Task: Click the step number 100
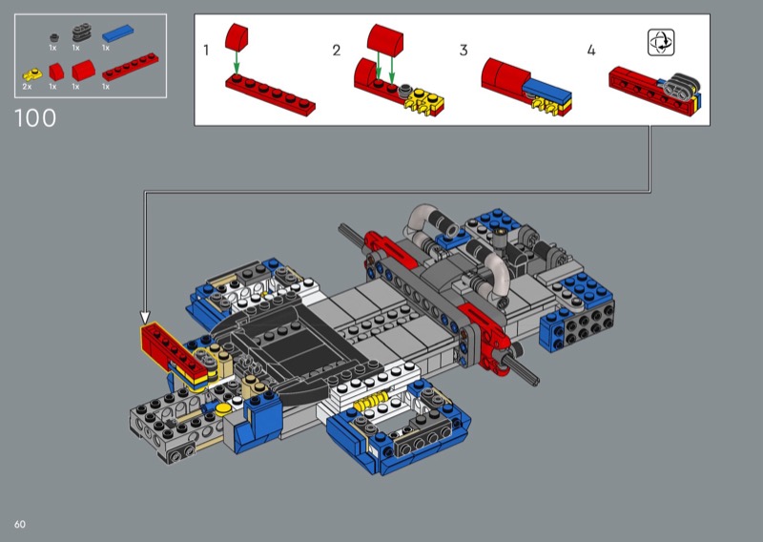(x=35, y=118)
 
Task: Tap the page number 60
(x=20, y=524)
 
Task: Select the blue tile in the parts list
(x=117, y=33)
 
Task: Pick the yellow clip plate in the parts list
(x=32, y=75)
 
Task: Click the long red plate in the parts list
(x=131, y=66)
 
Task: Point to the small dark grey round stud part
(x=54, y=37)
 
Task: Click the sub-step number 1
(x=206, y=51)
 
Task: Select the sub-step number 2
(x=337, y=51)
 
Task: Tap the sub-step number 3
(x=464, y=51)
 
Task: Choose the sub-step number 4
(x=591, y=51)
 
